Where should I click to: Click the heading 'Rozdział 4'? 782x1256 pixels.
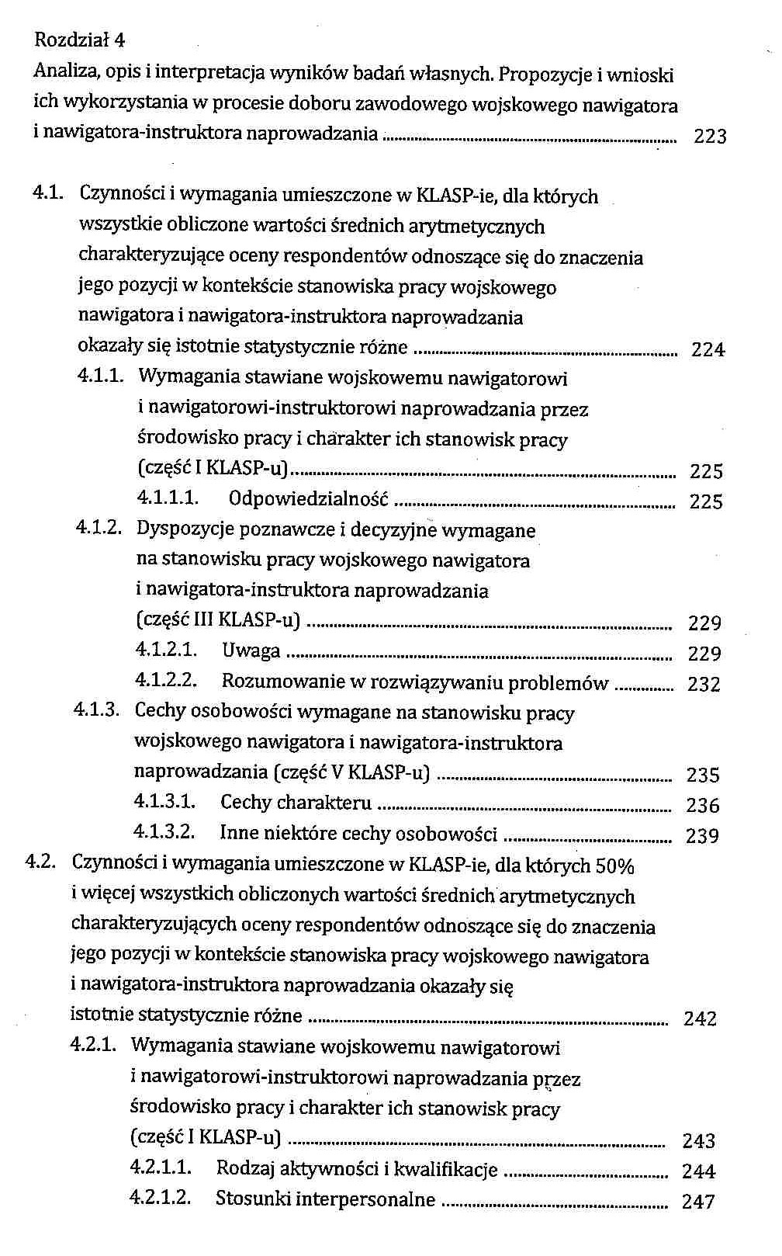tap(80, 40)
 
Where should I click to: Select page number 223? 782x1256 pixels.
tap(710, 137)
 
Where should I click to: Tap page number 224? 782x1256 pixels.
tap(708, 350)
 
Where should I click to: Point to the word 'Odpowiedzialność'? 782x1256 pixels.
tap(309, 499)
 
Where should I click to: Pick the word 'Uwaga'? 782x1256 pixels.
tap(251, 651)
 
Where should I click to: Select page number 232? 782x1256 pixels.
tap(704, 684)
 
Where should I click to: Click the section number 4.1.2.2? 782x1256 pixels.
tap(166, 681)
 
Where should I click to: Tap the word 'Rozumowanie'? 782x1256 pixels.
tap(282, 682)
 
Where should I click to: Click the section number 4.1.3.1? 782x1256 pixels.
tap(164, 801)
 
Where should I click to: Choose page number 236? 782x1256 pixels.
tap(702, 805)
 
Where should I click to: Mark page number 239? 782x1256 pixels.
tap(702, 836)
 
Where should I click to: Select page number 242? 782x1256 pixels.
tap(700, 1018)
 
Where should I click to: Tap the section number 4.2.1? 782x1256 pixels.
tap(93, 1044)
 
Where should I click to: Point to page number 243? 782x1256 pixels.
tap(698, 1140)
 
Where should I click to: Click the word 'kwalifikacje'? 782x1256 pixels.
tap(453, 1169)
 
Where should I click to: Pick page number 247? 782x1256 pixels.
tap(697, 1202)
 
